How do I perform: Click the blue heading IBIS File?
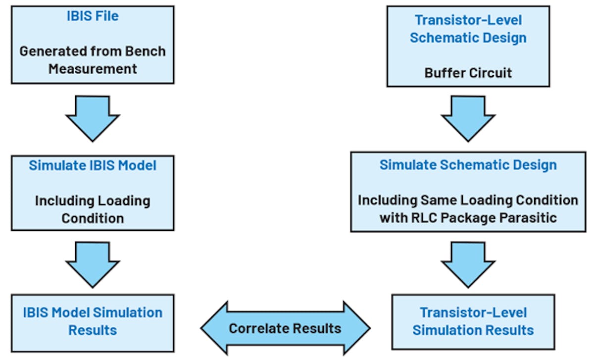tap(93, 16)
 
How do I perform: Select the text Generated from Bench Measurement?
tap(93, 59)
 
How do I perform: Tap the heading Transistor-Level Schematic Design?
tap(468, 29)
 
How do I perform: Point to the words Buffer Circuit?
tap(468, 73)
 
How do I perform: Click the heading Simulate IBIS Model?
tap(93, 165)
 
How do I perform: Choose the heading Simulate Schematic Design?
tap(468, 165)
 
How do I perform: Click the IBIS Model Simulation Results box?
tap(93, 321)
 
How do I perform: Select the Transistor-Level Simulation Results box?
tap(473, 321)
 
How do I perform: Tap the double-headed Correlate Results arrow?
tap(285, 328)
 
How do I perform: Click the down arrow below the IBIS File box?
tap(93, 118)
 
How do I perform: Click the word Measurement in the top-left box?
tap(93, 68)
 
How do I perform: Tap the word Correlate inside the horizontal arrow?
tap(258, 328)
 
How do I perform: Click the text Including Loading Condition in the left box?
tap(93, 209)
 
